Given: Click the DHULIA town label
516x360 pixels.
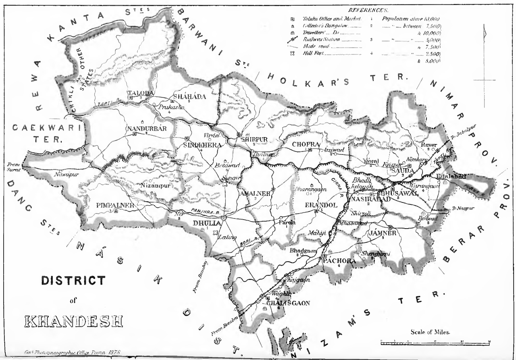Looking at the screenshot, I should [x=206, y=223].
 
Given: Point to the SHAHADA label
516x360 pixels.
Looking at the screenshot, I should [x=189, y=97].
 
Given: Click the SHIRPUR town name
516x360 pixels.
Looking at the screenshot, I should [x=254, y=139].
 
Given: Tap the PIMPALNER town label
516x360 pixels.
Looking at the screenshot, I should [x=115, y=205].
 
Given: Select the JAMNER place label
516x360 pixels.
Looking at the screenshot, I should [x=383, y=233].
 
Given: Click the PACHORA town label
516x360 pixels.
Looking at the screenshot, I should [x=339, y=261].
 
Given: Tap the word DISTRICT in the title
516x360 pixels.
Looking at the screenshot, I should [x=73, y=280].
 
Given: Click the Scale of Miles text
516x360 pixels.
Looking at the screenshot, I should [x=430, y=332].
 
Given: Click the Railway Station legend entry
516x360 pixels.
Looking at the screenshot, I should [x=321, y=40].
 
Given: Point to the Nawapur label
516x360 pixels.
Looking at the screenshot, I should [x=65, y=174].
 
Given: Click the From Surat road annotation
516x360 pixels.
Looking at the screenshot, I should [x=13, y=167].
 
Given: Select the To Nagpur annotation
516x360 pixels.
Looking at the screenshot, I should [x=461, y=208].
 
